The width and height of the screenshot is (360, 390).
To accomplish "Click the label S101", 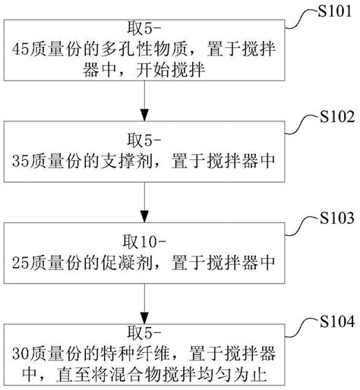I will (334, 12).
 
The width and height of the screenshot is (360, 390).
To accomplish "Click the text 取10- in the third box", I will (144, 244).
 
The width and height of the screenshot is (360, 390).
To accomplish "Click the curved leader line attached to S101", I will (303, 19).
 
